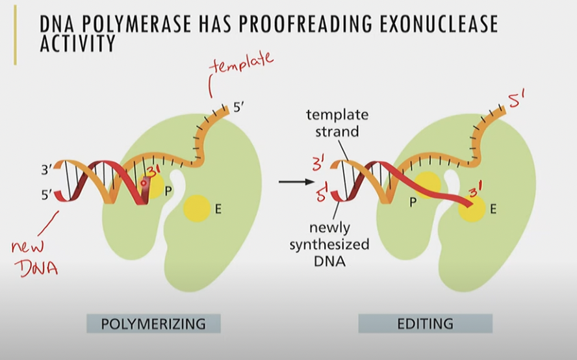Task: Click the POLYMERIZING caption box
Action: tap(153, 323)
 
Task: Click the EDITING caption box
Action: tap(425, 323)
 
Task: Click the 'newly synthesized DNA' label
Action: tap(338, 244)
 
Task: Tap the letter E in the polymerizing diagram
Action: tap(219, 209)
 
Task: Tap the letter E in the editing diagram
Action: tap(493, 209)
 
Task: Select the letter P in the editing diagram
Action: tap(413, 201)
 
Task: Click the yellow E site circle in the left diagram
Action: tap(196, 209)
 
